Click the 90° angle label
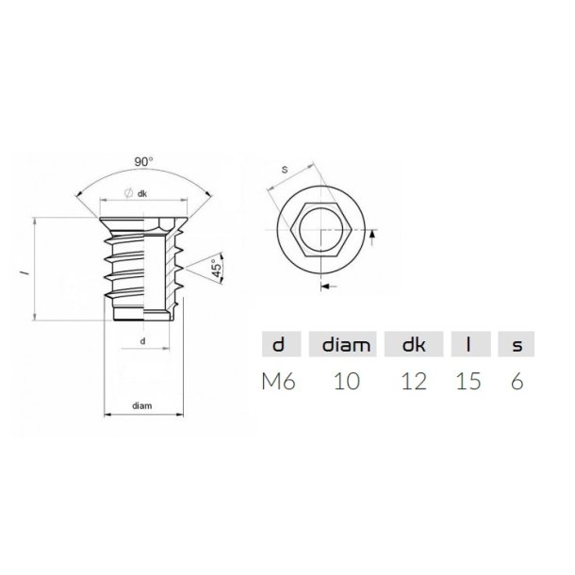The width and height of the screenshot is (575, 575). [x=142, y=162]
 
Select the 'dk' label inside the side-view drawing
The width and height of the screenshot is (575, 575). [x=141, y=194]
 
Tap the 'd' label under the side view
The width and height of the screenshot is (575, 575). [x=141, y=339]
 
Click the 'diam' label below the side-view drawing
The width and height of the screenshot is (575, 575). [x=141, y=405]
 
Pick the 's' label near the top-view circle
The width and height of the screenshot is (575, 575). [x=286, y=171]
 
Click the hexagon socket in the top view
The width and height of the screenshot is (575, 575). [x=320, y=229]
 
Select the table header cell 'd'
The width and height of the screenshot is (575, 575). [x=278, y=345]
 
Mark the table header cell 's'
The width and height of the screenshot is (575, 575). [x=517, y=345]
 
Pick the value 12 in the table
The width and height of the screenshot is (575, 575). [x=414, y=382]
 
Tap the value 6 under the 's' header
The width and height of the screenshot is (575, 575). [x=517, y=382]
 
